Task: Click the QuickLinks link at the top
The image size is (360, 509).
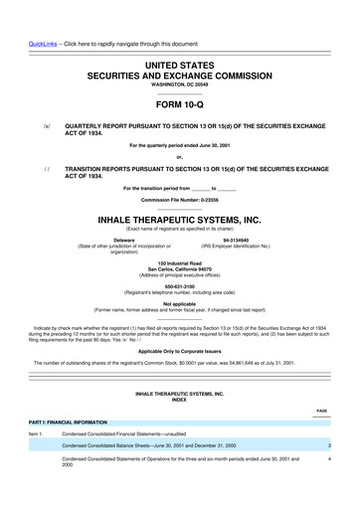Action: click(x=25, y=10)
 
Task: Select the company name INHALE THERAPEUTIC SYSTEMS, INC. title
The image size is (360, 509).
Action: click(x=180, y=217)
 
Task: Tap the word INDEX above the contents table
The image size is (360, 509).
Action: click(x=180, y=401)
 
